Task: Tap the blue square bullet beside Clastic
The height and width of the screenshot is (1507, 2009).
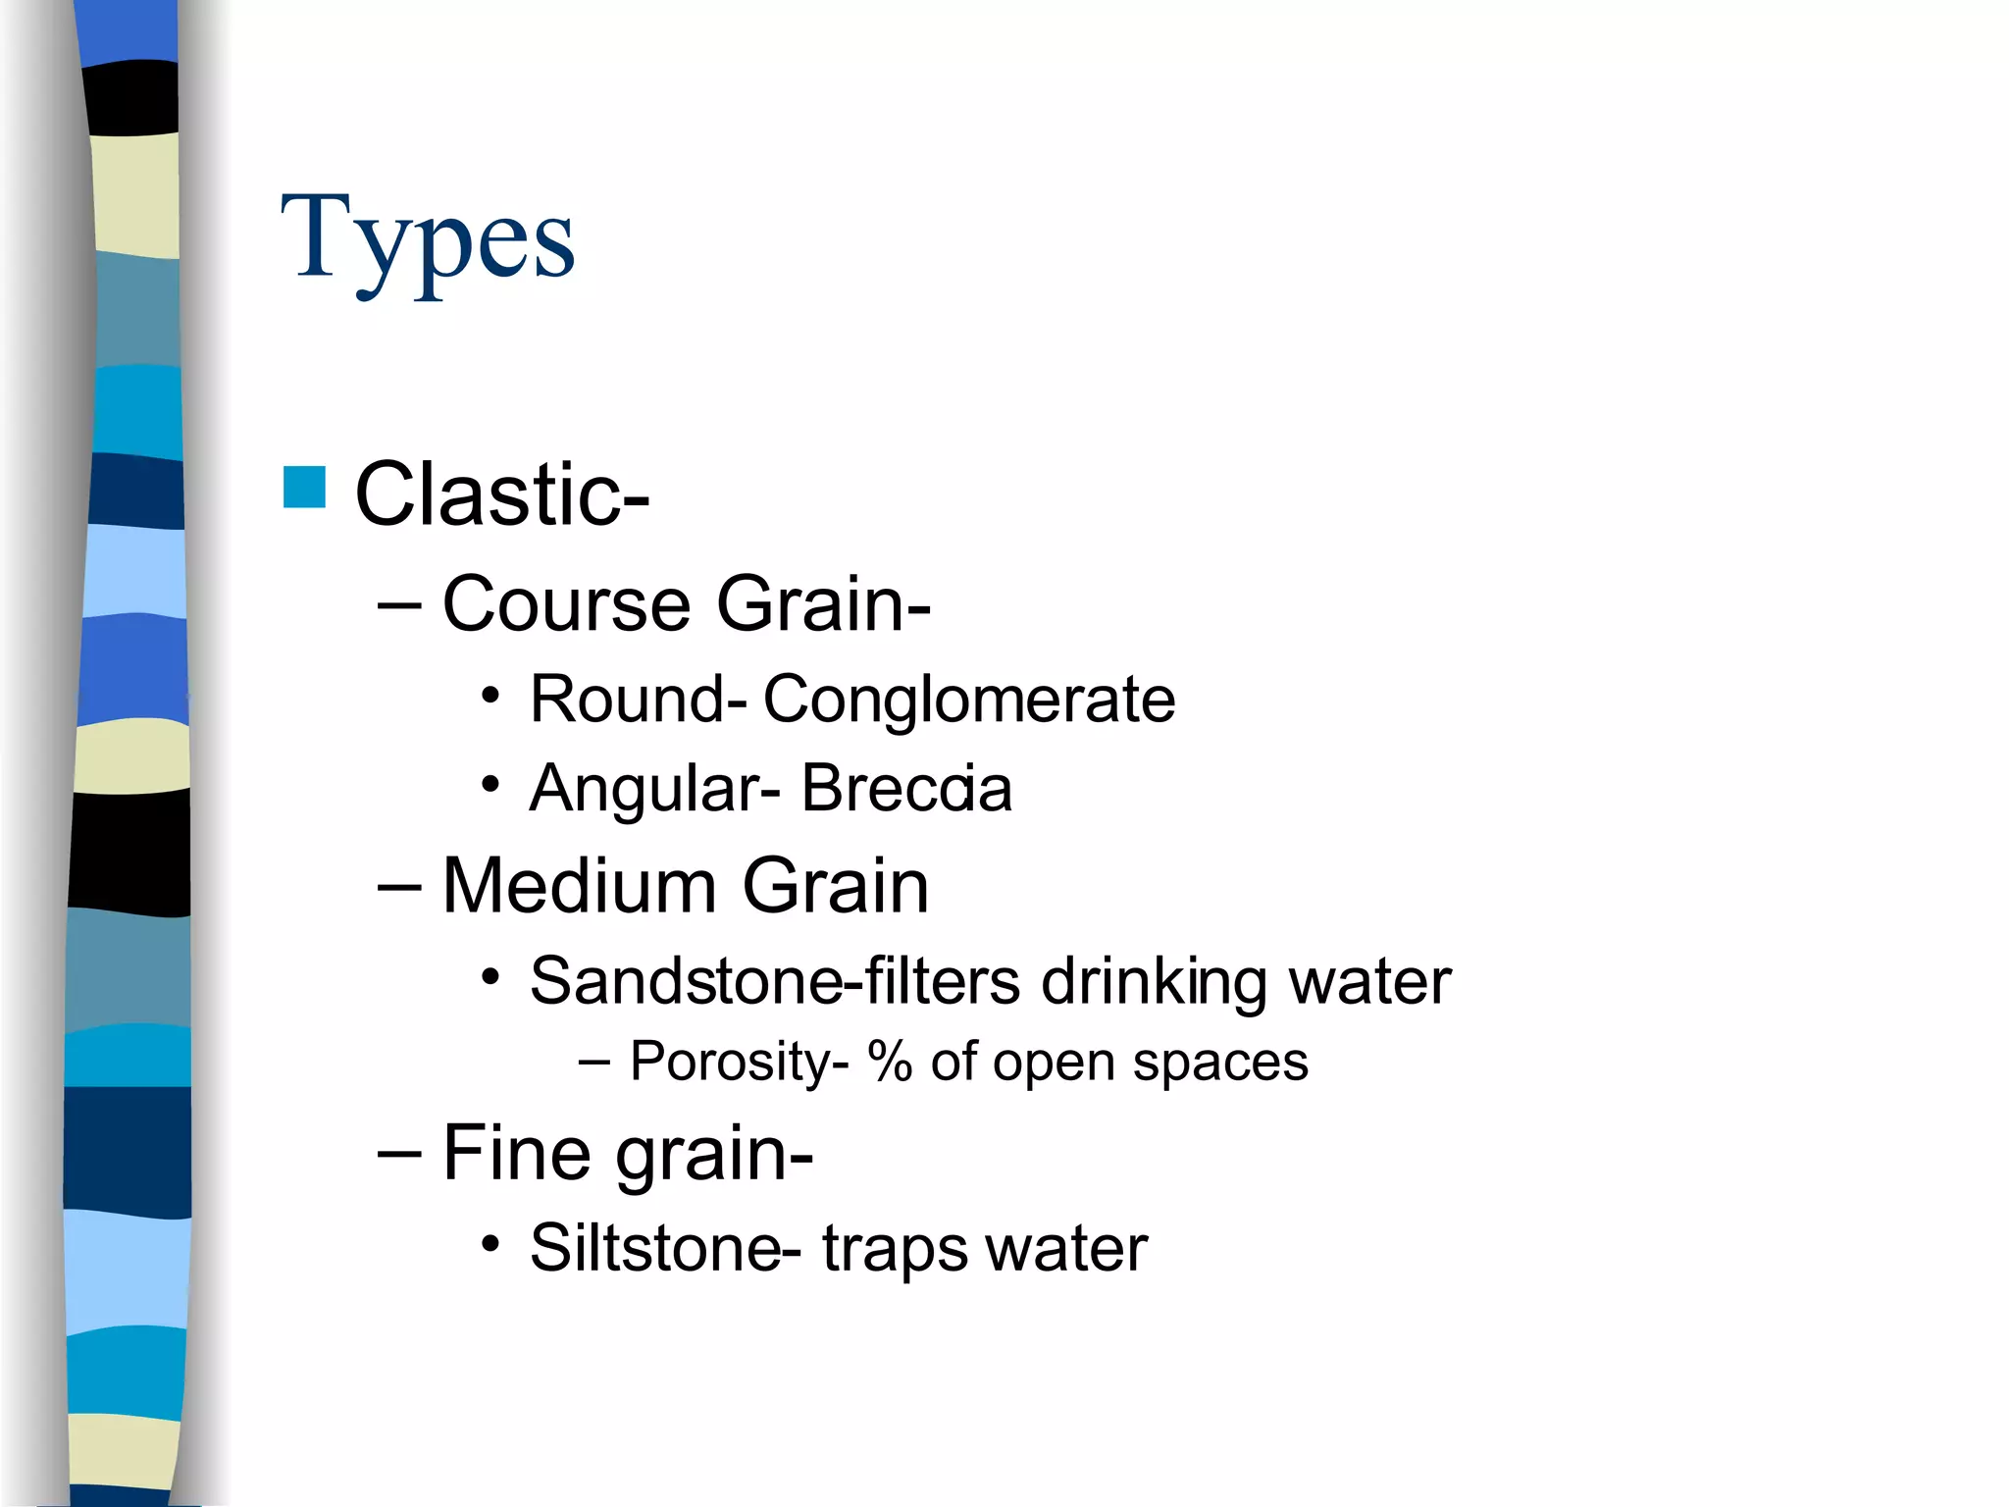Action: tap(304, 488)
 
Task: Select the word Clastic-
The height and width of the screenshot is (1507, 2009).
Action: tap(501, 494)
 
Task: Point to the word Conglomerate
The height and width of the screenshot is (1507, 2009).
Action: tap(969, 700)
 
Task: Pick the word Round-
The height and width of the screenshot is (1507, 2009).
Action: tap(638, 700)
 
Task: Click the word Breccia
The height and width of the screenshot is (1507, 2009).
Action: tap(906, 788)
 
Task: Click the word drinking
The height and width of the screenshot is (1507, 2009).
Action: tap(1154, 981)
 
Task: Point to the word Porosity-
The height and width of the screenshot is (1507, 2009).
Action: tap(739, 1062)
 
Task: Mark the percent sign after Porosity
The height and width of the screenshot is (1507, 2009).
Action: tap(890, 1062)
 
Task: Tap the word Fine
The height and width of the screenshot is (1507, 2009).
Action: tap(516, 1153)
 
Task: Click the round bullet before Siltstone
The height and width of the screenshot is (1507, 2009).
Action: tap(491, 1245)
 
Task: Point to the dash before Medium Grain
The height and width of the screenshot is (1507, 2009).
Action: tap(399, 887)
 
